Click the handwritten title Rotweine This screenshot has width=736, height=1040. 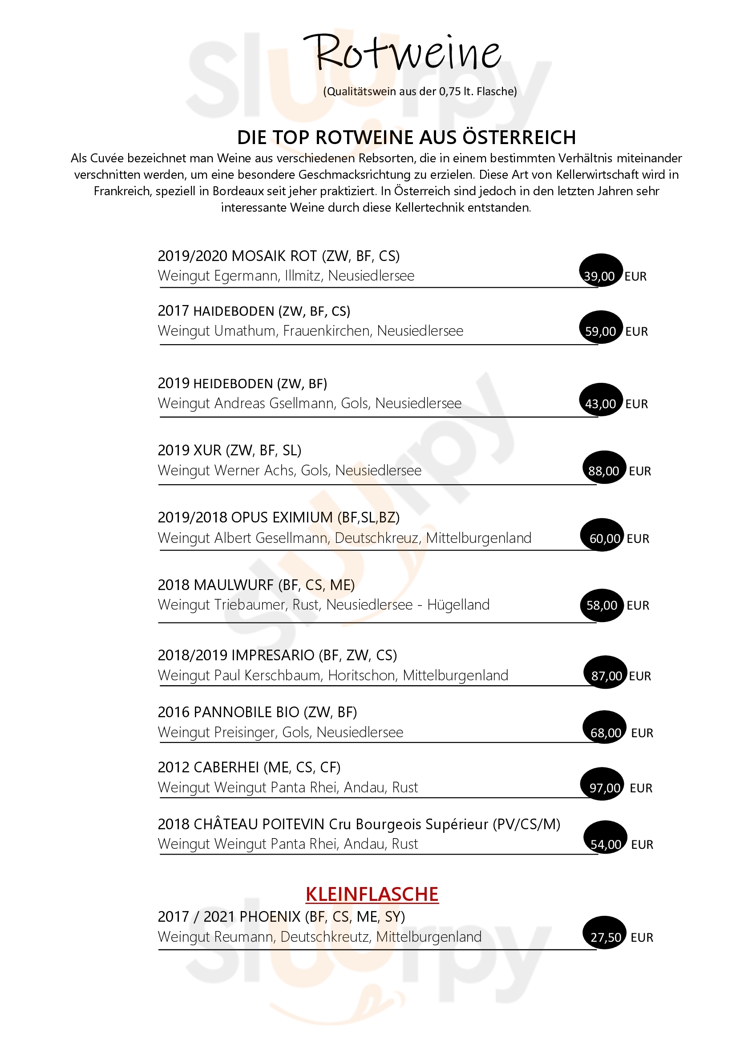click(402, 53)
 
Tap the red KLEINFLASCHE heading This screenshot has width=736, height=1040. click(372, 894)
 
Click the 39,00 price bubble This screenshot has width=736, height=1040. click(599, 276)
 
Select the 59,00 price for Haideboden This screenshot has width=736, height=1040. click(600, 331)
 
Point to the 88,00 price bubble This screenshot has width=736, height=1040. click(604, 471)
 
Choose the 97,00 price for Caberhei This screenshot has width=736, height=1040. click(605, 788)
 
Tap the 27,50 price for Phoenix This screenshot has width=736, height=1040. click(606, 938)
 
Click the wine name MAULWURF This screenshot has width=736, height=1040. click(234, 585)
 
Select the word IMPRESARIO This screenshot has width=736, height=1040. click(273, 655)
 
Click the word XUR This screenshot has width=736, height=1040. click(207, 450)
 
